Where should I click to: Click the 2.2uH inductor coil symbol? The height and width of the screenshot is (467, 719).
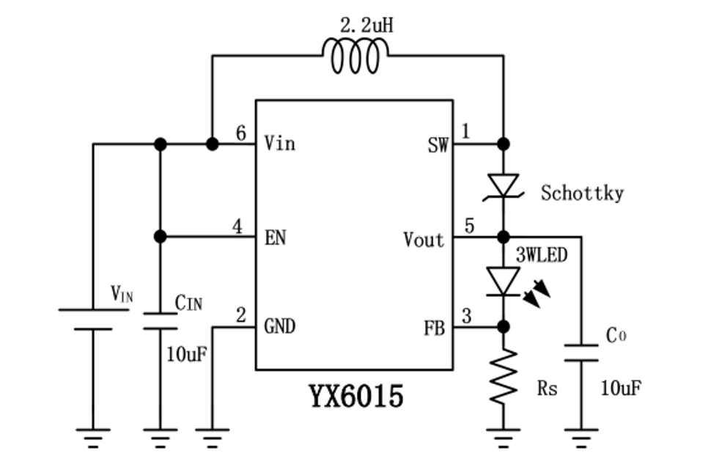pos(355,56)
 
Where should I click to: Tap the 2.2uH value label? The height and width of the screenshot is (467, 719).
pos(366,25)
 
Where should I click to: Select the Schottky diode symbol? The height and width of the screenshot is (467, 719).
pos(504,186)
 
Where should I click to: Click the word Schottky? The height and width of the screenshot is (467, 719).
pos(582,194)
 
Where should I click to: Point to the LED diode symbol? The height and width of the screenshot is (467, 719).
pos(504,281)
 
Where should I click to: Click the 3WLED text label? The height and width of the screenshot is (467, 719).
pos(542,256)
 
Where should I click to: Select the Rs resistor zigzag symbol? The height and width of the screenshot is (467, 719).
pos(504,375)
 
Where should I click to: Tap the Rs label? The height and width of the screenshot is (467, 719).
pos(547,388)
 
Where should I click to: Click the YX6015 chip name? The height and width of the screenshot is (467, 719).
pos(355,397)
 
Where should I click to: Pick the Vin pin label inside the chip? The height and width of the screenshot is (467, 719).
pos(279,143)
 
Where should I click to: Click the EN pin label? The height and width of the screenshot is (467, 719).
pos(275,238)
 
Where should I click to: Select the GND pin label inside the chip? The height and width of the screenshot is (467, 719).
pos(279,326)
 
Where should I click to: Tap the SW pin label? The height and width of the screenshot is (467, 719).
pos(438,144)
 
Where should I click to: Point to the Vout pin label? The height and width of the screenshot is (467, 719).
pos(424,239)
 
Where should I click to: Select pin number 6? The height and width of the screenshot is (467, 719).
pos(240,133)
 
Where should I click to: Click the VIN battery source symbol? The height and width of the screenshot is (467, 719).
pos(92,319)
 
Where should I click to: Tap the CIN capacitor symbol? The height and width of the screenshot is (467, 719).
pos(160,320)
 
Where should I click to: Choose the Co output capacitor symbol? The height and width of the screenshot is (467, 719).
pos(581,352)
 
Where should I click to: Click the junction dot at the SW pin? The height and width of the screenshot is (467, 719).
pos(504,144)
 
